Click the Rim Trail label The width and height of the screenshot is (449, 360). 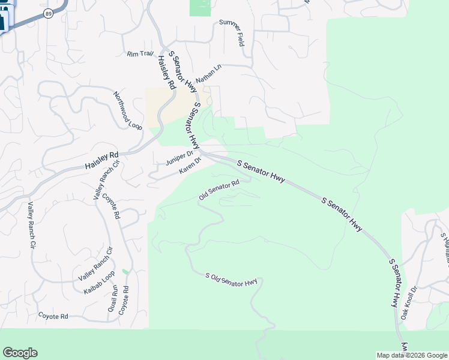point(140,54)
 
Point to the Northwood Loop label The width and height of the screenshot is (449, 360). point(128,110)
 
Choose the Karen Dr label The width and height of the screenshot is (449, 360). point(188,171)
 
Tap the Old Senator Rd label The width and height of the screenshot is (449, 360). point(219,190)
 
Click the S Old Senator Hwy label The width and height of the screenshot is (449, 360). point(231,280)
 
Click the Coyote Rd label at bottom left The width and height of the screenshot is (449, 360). point(53,316)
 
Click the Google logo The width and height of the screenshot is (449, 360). point(20,353)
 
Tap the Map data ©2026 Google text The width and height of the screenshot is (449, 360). point(412,355)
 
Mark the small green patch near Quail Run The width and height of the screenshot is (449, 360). point(125,272)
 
